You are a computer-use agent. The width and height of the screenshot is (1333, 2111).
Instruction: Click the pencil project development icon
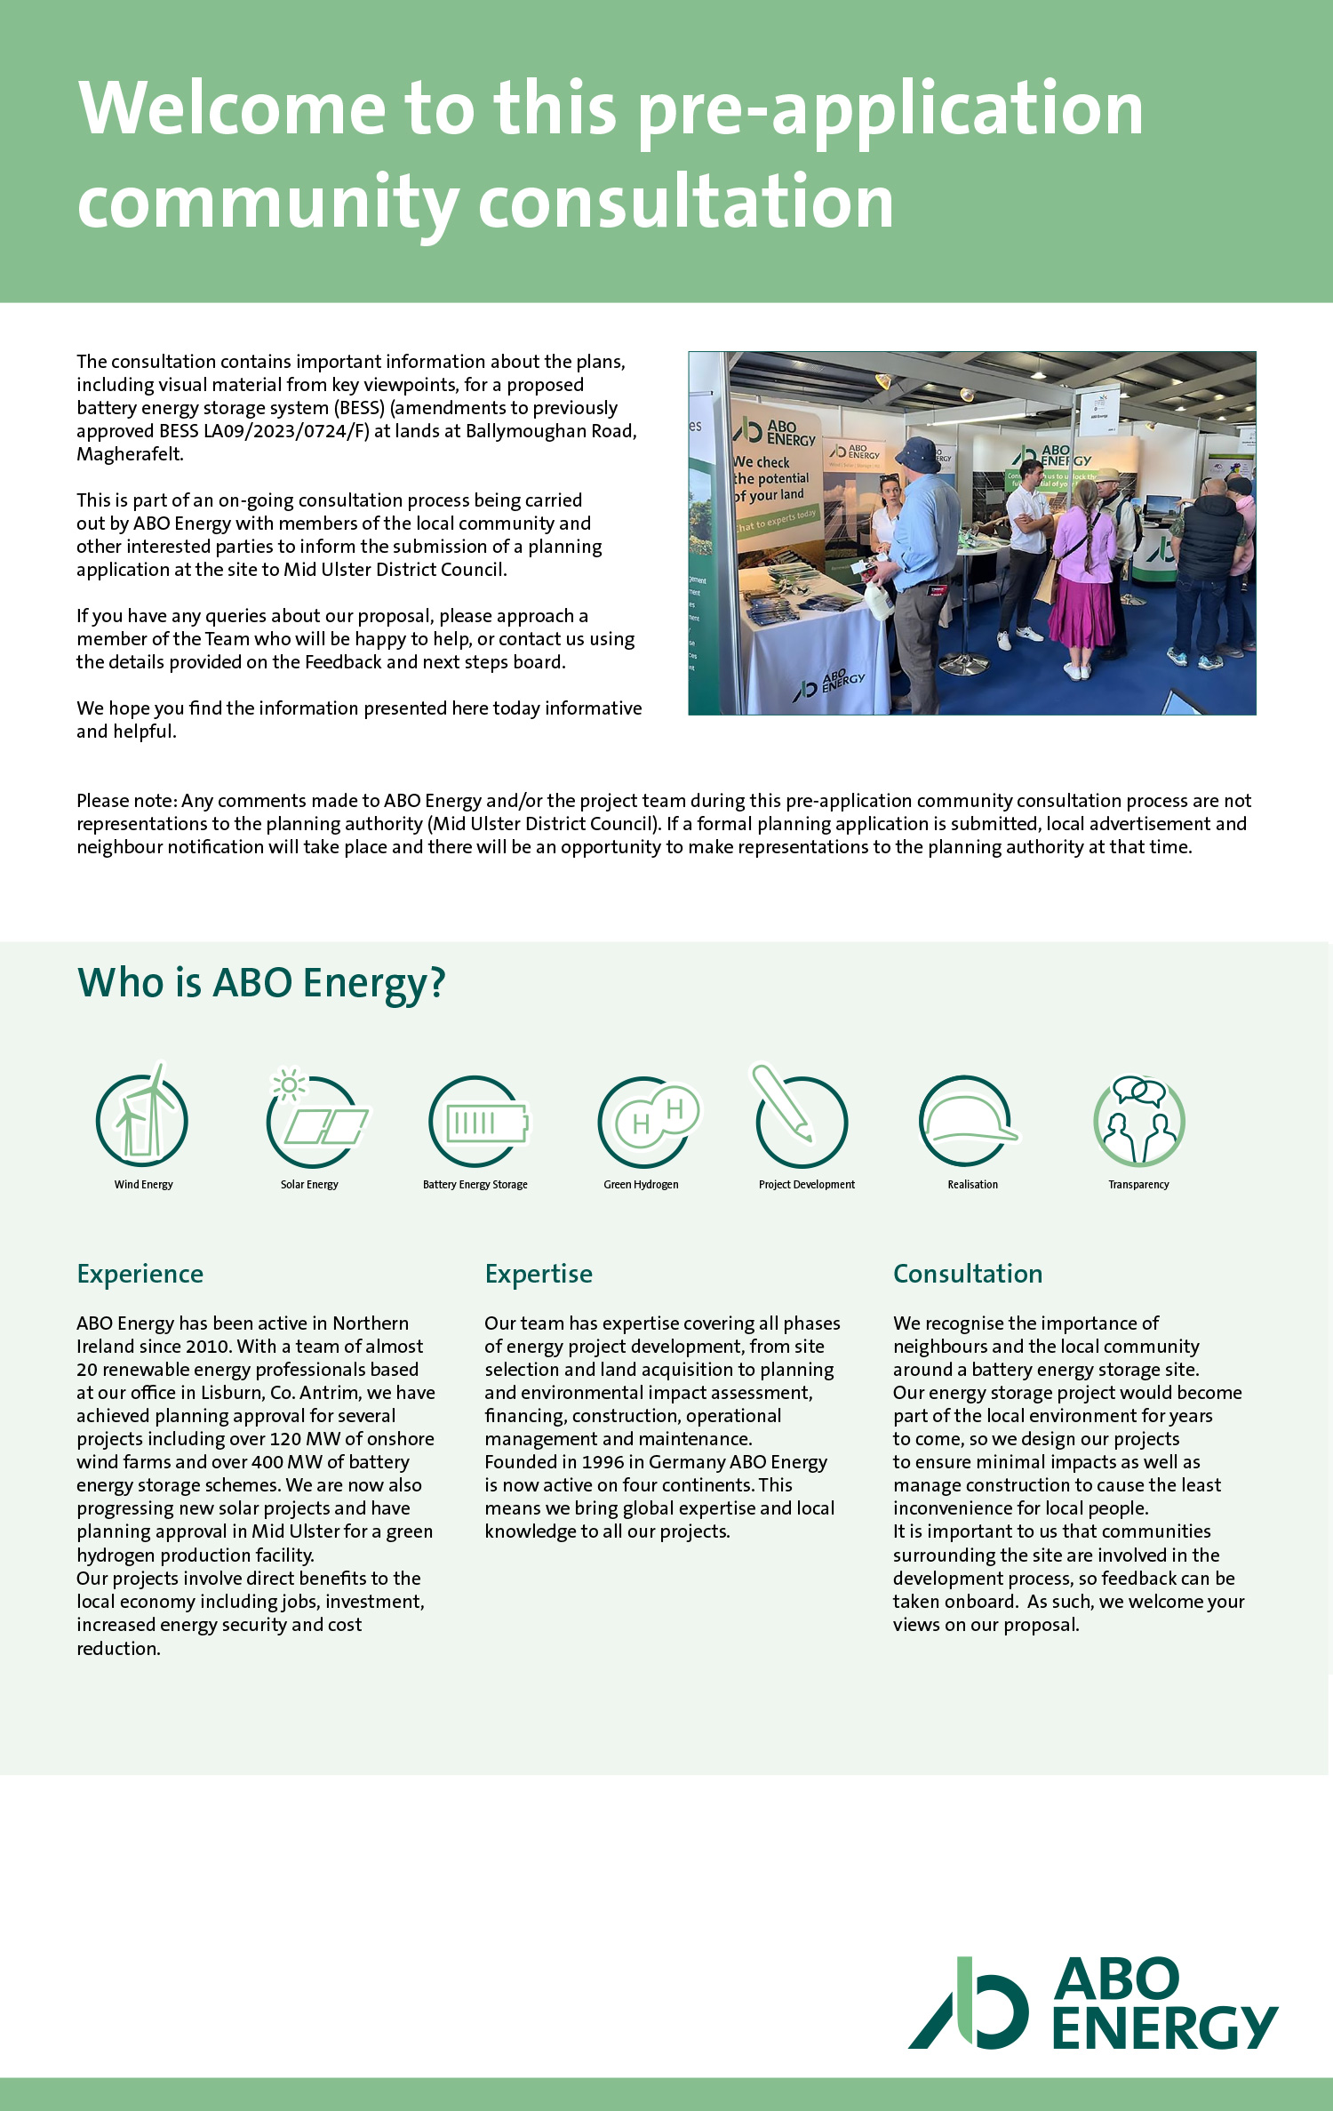800,1119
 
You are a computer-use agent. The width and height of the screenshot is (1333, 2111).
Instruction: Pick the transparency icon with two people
1138,1121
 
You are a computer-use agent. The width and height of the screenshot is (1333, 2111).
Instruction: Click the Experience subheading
140,1274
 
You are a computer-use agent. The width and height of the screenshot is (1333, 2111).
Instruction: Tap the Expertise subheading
539,1274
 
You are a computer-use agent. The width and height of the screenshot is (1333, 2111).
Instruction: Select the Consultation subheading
968,1274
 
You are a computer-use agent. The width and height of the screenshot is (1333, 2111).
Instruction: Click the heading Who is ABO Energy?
261,983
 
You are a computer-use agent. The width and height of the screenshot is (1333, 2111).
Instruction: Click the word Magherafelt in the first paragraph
130,454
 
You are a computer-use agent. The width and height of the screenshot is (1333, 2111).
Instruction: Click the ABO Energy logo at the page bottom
1092,2003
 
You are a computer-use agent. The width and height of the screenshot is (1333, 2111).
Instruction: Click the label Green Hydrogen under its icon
641,1185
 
